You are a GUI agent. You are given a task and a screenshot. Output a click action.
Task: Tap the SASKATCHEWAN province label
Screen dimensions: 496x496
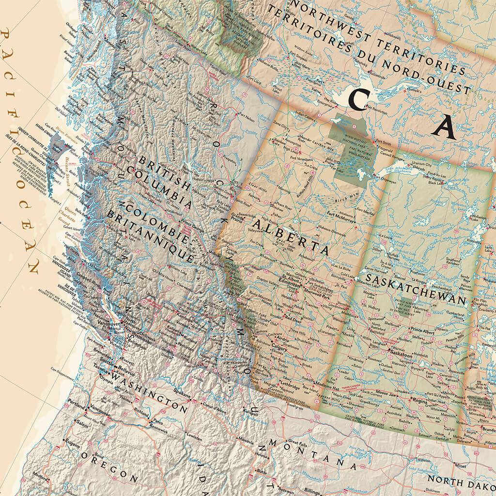tap(416, 290)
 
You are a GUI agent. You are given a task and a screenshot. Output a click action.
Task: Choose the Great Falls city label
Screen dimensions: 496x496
tap(296, 441)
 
